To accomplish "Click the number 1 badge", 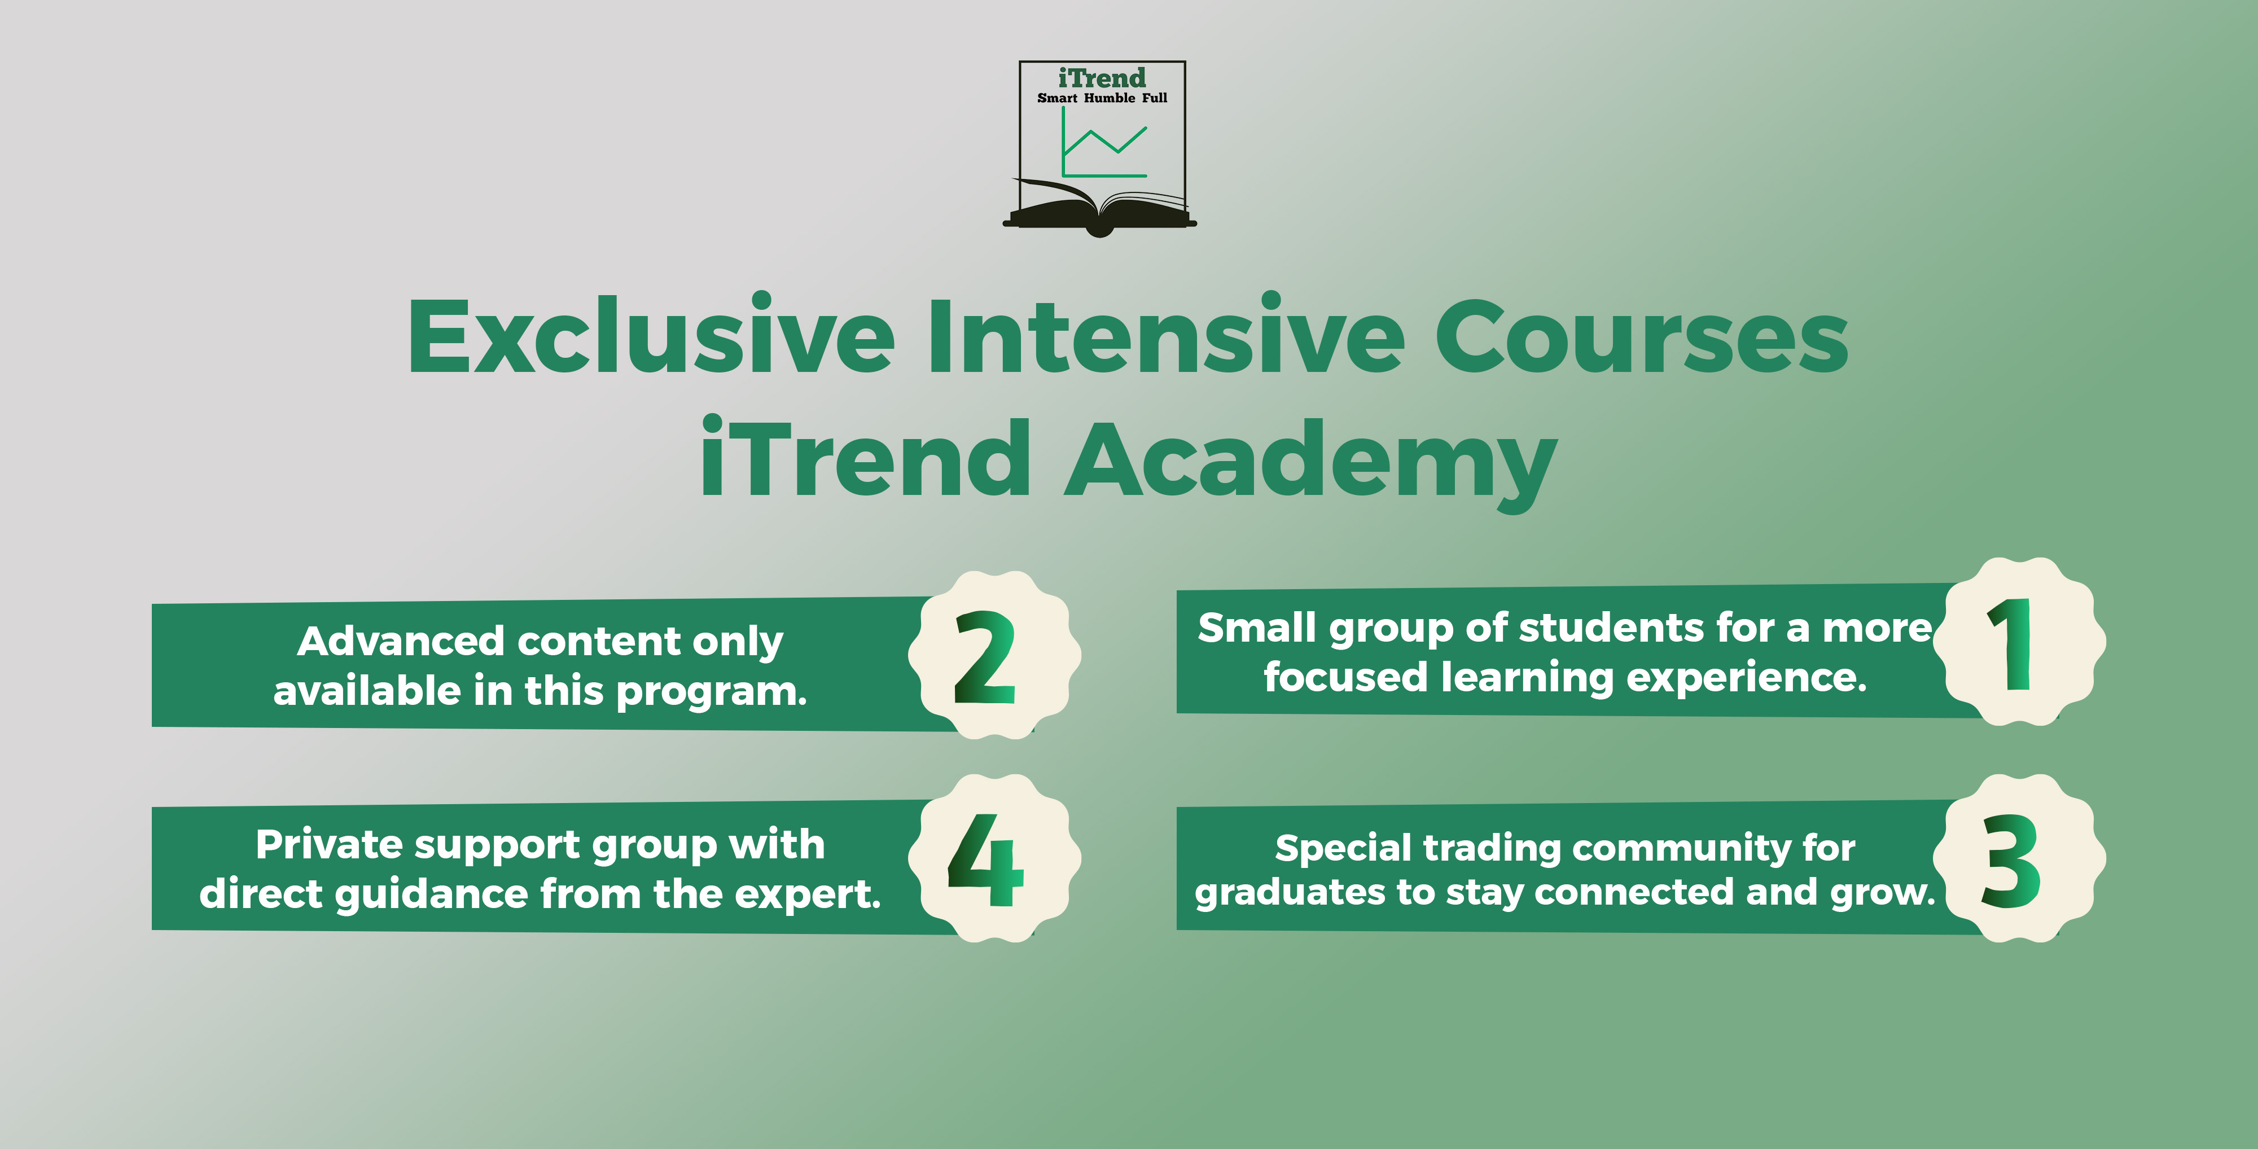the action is coord(2019,642).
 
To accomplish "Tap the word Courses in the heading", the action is coord(1641,336).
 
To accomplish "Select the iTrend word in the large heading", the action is coord(865,456).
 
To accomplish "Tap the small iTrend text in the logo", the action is coord(1102,78).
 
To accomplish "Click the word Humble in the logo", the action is coord(1109,98).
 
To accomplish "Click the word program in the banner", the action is coord(711,693).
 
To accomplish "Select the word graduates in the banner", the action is coord(1290,894).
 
